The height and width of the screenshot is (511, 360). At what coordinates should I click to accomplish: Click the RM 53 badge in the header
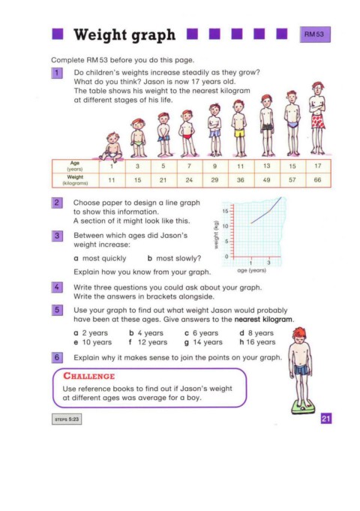click(x=315, y=35)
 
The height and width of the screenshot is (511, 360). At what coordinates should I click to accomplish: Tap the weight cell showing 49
click(x=266, y=180)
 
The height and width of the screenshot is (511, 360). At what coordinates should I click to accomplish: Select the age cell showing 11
click(x=241, y=166)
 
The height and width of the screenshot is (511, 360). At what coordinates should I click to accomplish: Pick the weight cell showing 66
click(x=318, y=180)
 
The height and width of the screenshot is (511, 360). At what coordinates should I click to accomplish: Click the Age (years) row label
click(x=75, y=166)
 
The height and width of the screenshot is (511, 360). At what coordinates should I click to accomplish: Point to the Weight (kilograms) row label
click(x=75, y=180)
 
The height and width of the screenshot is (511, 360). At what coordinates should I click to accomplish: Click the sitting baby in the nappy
click(x=112, y=147)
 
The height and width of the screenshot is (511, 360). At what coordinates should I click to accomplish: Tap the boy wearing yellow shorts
click(x=239, y=128)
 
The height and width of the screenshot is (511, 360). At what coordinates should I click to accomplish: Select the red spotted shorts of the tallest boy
click(x=318, y=122)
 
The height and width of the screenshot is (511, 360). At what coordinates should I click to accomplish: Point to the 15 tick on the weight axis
click(x=226, y=211)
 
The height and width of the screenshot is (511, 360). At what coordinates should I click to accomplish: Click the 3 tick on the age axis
click(x=268, y=263)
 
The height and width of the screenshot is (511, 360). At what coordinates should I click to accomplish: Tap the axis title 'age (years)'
click(x=251, y=270)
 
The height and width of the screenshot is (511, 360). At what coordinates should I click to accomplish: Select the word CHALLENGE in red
click(x=89, y=376)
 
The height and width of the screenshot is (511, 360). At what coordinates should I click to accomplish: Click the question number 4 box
click(x=57, y=287)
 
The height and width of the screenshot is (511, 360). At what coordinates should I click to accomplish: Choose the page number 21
click(x=326, y=419)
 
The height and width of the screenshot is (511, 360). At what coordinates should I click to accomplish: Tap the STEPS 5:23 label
click(x=67, y=419)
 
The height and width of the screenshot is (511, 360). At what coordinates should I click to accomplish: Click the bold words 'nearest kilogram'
click(x=263, y=320)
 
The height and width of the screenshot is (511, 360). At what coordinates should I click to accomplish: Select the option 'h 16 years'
click(x=257, y=342)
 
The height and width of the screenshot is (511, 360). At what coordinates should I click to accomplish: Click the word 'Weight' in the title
click(x=100, y=35)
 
